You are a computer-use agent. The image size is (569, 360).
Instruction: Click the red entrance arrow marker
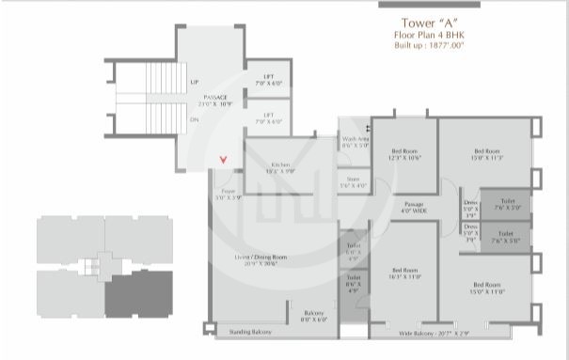(x=223, y=160)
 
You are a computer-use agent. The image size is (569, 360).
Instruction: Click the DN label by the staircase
(x=194, y=119)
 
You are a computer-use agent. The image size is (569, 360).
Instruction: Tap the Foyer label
(x=228, y=194)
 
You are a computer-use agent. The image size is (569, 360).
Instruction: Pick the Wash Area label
(x=355, y=139)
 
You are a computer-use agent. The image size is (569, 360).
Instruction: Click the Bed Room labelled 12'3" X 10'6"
(x=405, y=151)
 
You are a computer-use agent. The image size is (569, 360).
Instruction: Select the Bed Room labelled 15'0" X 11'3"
(x=486, y=151)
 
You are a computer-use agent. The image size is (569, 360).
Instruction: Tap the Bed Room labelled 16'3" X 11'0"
(x=405, y=271)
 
